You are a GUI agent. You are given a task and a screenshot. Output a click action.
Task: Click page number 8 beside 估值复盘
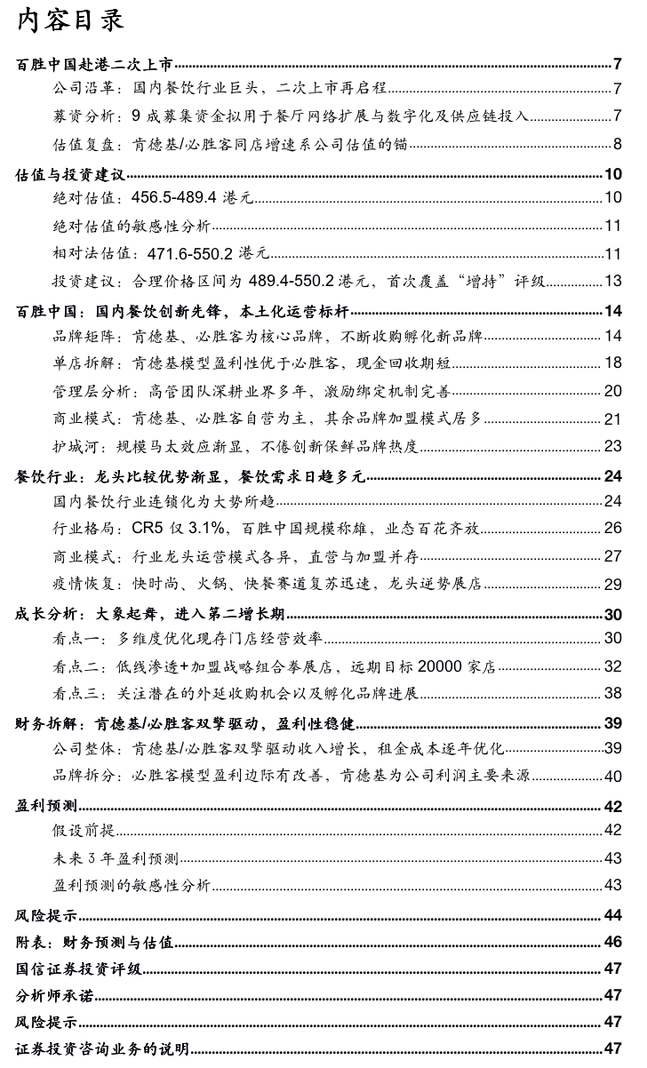pos(616,145)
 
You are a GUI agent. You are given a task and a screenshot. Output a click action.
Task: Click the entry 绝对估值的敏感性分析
pos(131,226)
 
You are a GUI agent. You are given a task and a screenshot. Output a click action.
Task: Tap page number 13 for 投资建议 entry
pos(612,282)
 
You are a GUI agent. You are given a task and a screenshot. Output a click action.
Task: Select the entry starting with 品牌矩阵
pos(267,337)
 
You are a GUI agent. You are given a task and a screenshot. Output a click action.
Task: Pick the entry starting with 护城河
pos(235,446)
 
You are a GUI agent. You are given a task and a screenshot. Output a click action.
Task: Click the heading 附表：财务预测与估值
pos(94,941)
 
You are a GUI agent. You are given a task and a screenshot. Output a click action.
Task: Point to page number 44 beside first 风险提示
pos(612,915)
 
